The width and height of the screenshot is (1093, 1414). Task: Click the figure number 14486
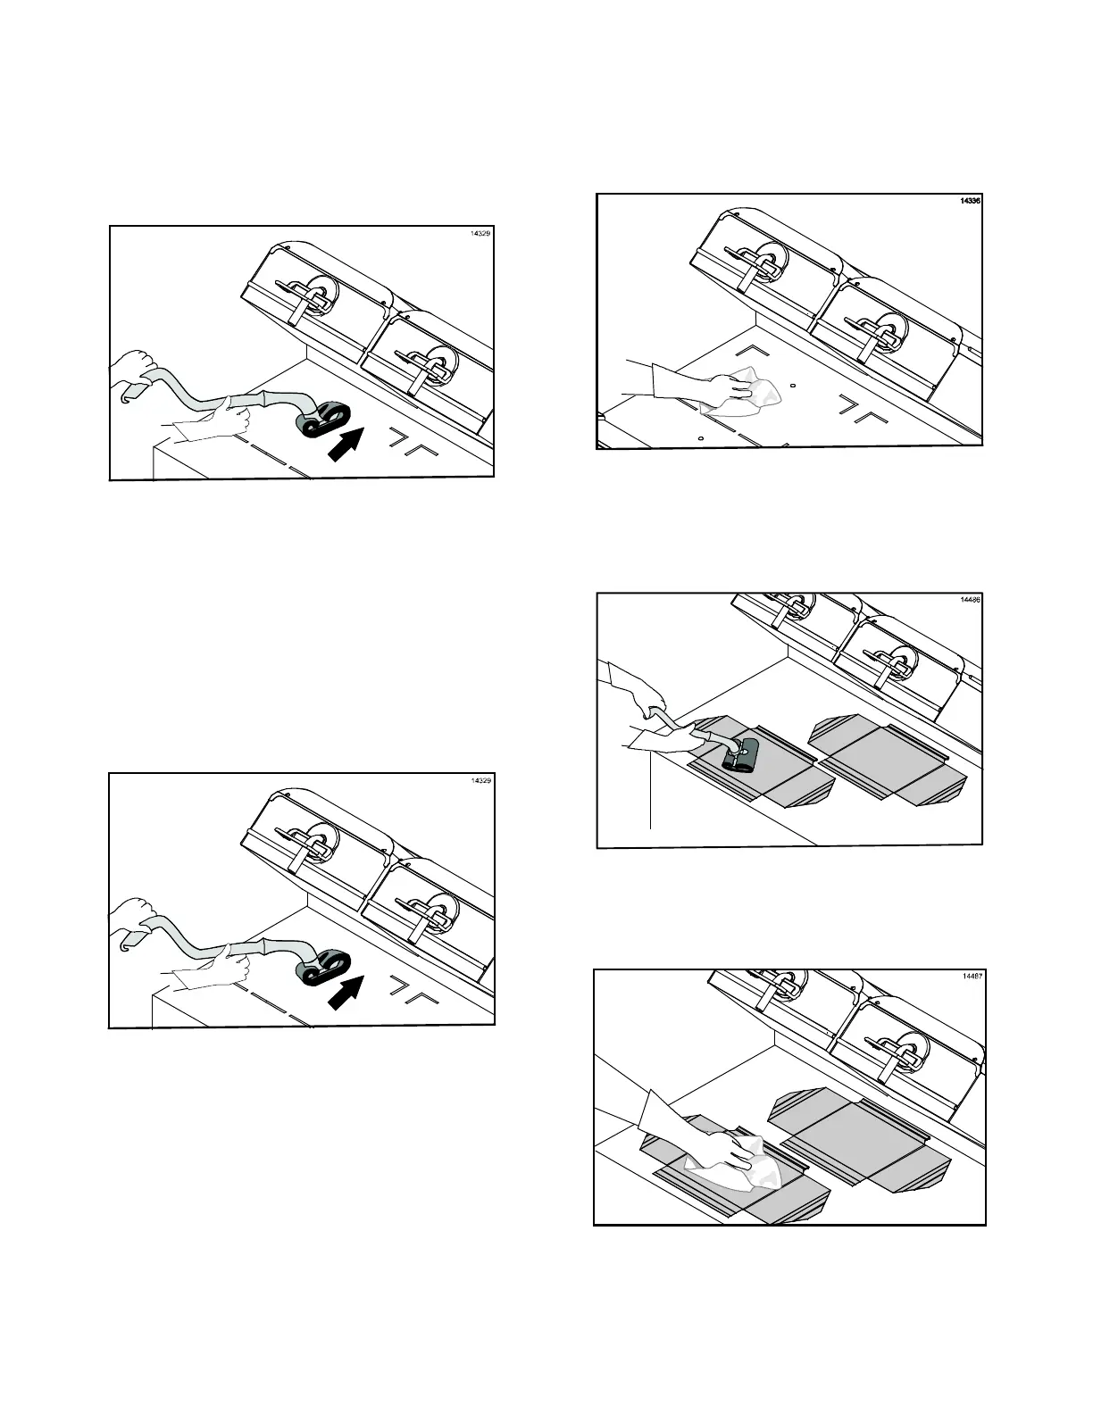coord(971,600)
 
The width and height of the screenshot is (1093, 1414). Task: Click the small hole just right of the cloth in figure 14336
coord(794,387)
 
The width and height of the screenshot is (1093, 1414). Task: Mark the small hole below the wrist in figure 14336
coord(701,437)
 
